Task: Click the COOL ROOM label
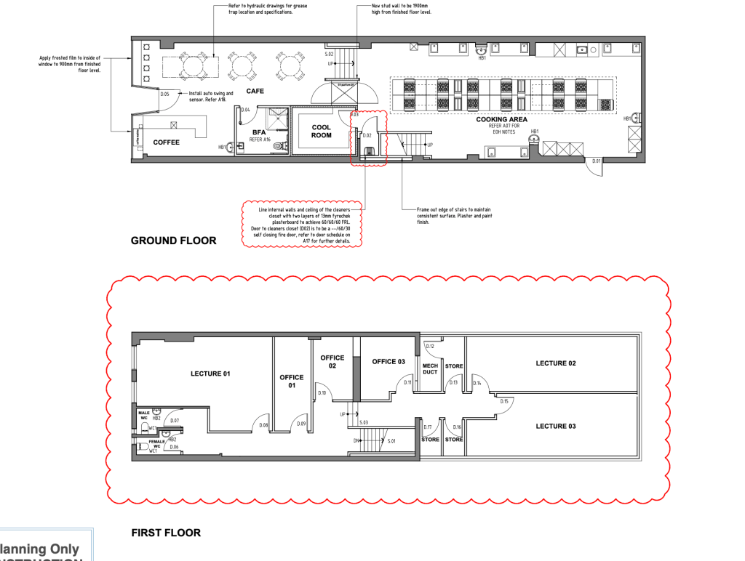click(321, 132)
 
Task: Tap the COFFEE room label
click(166, 142)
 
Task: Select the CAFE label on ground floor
click(254, 91)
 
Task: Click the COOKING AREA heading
click(501, 119)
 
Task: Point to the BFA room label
click(260, 132)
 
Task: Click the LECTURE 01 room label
click(210, 374)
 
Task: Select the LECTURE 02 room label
click(556, 363)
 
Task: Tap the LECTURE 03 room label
click(556, 426)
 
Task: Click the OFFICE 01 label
click(291, 382)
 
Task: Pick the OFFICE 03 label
click(389, 362)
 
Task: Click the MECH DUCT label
click(430, 369)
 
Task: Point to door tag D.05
click(164, 94)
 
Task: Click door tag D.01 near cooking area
click(597, 161)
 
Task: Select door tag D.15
click(503, 400)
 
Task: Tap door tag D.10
click(322, 393)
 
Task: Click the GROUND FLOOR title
click(173, 241)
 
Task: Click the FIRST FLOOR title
click(166, 533)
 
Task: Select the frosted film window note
click(71, 65)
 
